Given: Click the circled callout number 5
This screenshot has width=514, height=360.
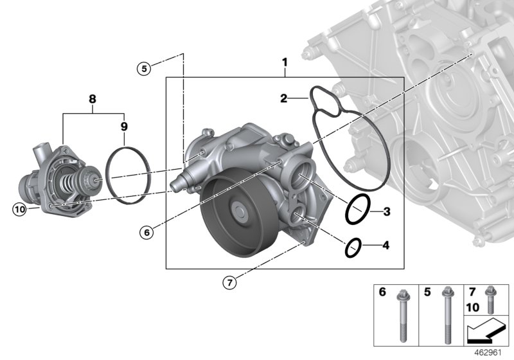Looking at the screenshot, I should point(145,67).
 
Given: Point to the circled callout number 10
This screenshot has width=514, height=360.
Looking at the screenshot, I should point(19,208).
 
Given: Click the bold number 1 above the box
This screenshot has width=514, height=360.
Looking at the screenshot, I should point(284,62).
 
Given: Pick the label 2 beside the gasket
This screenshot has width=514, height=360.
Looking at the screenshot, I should point(283,98).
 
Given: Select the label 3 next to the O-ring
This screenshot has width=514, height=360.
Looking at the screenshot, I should point(387,211).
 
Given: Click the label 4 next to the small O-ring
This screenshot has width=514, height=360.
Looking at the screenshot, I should point(385,246).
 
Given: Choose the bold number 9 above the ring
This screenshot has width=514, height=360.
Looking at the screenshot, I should point(125,127).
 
